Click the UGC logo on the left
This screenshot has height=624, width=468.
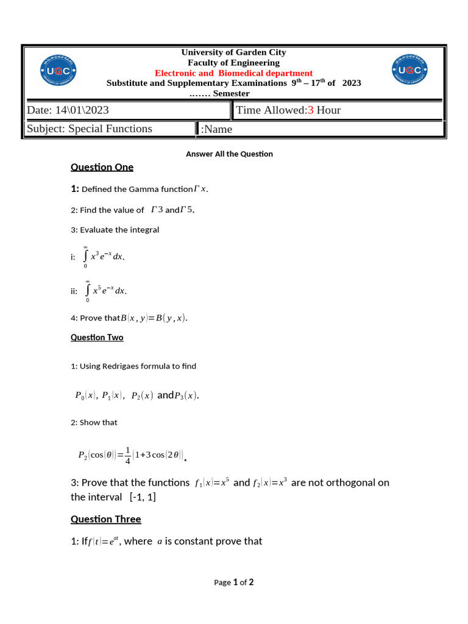59,72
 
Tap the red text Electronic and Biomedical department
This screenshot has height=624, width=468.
233,73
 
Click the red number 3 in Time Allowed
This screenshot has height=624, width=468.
310,110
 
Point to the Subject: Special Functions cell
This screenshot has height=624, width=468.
90,129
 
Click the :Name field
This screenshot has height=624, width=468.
216,129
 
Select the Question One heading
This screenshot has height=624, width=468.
102,167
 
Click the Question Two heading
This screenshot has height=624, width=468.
97,338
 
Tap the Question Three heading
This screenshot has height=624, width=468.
105,519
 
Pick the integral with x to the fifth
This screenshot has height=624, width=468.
105,291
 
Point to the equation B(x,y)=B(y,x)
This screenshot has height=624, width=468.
154,318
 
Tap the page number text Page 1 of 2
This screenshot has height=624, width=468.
233,583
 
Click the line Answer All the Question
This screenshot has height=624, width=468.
229,154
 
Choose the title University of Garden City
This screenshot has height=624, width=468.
233,52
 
